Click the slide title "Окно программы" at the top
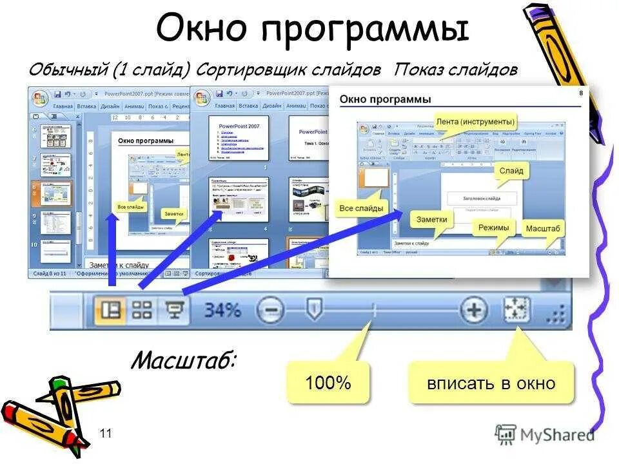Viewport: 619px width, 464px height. (x=312, y=30)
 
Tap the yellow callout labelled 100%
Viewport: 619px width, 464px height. (x=328, y=383)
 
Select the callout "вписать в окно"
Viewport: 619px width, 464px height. (x=491, y=383)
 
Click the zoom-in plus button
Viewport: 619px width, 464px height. (x=474, y=311)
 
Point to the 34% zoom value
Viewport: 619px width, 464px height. (x=222, y=311)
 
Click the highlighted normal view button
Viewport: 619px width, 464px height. (x=111, y=311)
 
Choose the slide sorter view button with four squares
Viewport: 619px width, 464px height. (x=142, y=311)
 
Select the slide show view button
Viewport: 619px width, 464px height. (x=173, y=311)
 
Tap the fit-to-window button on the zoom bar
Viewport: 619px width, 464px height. (x=516, y=310)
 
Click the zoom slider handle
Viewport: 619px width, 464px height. (x=313, y=309)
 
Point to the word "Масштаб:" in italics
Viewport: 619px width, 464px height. (x=183, y=360)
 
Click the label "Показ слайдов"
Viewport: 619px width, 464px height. (x=456, y=70)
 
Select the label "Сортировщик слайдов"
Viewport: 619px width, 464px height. (x=289, y=70)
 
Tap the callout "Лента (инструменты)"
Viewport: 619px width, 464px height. (x=475, y=121)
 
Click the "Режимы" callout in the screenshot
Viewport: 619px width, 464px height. (x=493, y=227)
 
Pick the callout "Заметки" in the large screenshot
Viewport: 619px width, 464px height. (x=431, y=219)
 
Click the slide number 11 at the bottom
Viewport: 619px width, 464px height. (x=106, y=434)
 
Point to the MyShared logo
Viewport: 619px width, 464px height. (x=545, y=435)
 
